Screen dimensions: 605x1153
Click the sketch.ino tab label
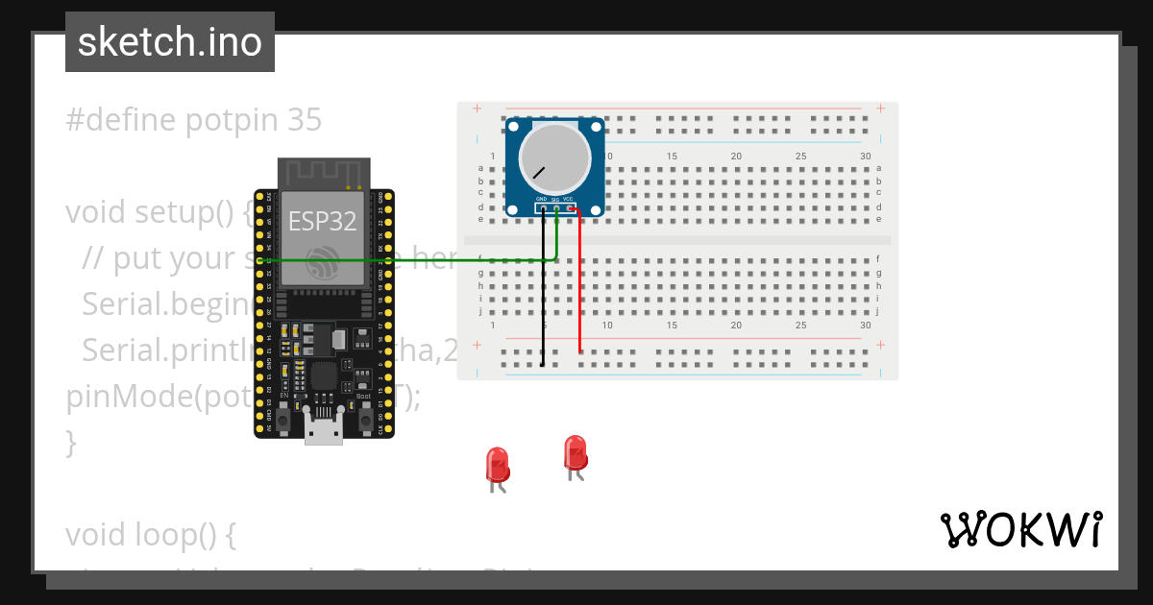[x=170, y=42]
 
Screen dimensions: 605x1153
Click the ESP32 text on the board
[x=323, y=222]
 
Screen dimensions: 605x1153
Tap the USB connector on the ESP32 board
[x=324, y=428]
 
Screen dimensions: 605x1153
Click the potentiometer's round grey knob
[x=554, y=157]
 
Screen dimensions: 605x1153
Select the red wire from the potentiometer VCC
[x=579, y=288]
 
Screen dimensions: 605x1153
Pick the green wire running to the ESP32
[x=404, y=260]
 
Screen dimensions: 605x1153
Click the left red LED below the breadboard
[x=498, y=465]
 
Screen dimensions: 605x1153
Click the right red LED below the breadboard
[x=575, y=453]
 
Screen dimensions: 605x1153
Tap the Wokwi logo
[x=1021, y=529]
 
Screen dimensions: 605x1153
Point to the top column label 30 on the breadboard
[x=866, y=157]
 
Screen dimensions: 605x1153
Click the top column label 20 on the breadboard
[x=736, y=157]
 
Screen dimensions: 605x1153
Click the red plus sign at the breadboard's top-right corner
[x=880, y=109]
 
